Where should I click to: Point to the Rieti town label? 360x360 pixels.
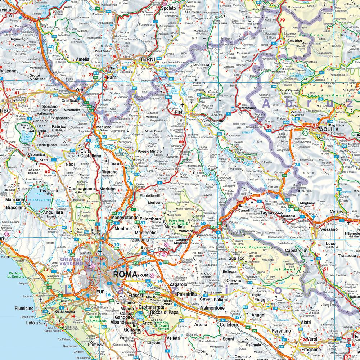pyautogui.click(x=179, y=112)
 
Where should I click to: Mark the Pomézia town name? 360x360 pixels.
pyautogui.click(x=95, y=344)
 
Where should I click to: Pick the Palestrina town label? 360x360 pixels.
pyautogui.click(x=196, y=294)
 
